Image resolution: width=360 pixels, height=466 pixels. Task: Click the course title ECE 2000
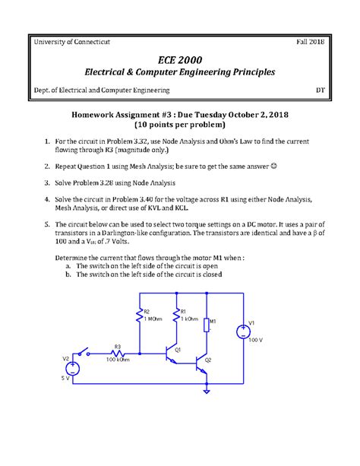[x=180, y=59]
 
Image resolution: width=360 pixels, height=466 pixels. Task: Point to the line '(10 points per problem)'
[x=180, y=124]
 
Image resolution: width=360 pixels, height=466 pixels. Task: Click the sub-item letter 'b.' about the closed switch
[x=69, y=276]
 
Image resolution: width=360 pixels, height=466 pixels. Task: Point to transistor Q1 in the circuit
[x=172, y=353]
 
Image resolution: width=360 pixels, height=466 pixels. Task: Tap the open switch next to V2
[x=85, y=353]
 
